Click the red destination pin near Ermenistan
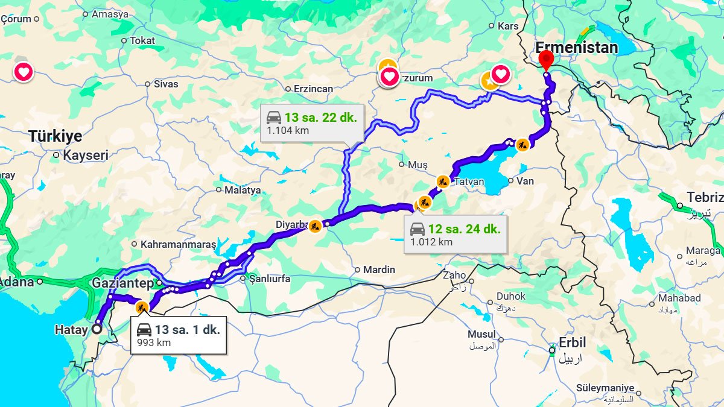pyautogui.click(x=546, y=60)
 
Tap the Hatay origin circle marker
pyautogui.click(x=97, y=329)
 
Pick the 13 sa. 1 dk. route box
pyautogui.click(x=179, y=335)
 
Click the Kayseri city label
pyautogui.click(x=86, y=155)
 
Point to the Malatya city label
pyautogui.click(x=243, y=190)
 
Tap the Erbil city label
pyautogui.click(x=573, y=342)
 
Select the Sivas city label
pyautogui.click(x=166, y=84)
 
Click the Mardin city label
pyautogui.click(x=379, y=270)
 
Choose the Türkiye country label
pyautogui.click(x=55, y=136)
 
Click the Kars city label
pyautogui.click(x=508, y=26)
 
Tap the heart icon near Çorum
pyautogui.click(x=24, y=72)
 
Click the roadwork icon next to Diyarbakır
pyautogui.click(x=315, y=226)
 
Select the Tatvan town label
pyautogui.click(x=469, y=181)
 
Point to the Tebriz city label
pyautogui.click(x=705, y=198)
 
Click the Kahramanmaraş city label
pyautogui.click(x=178, y=245)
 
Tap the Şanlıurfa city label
pyautogui.click(x=270, y=279)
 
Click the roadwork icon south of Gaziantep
pyautogui.click(x=142, y=308)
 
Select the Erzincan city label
pyautogui.click(x=313, y=89)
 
